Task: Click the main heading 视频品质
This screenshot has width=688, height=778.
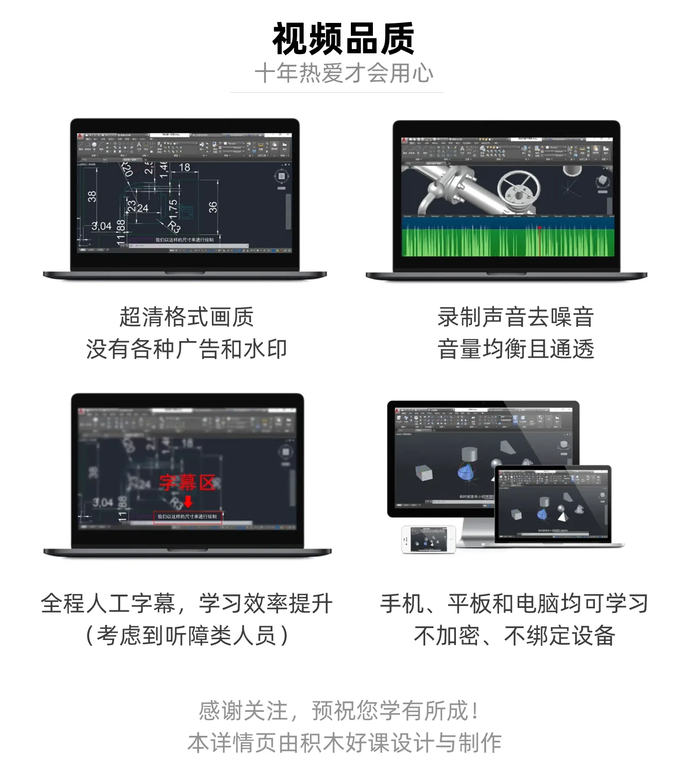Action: click(x=344, y=39)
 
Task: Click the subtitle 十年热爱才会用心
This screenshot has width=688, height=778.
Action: click(x=344, y=73)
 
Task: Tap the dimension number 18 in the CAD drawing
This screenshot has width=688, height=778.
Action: click(x=184, y=167)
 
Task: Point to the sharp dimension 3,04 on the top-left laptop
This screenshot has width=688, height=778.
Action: click(x=101, y=226)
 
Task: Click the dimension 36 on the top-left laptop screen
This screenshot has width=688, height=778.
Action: click(x=213, y=207)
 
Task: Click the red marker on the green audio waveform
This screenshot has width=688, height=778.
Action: click(x=539, y=228)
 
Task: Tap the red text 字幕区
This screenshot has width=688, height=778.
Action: click(x=188, y=482)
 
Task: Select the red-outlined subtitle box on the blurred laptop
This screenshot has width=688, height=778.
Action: click(x=187, y=517)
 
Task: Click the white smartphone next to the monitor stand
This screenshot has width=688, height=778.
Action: click(x=428, y=539)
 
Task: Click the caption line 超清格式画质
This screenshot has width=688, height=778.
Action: click(x=186, y=317)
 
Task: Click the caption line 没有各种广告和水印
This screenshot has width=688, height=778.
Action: click(x=186, y=349)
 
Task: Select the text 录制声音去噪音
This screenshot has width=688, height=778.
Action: click(x=516, y=317)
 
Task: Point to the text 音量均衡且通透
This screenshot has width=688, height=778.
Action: click(x=516, y=349)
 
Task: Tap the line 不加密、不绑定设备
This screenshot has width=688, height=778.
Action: click(x=514, y=636)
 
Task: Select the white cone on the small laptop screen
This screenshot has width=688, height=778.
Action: click(x=561, y=516)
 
